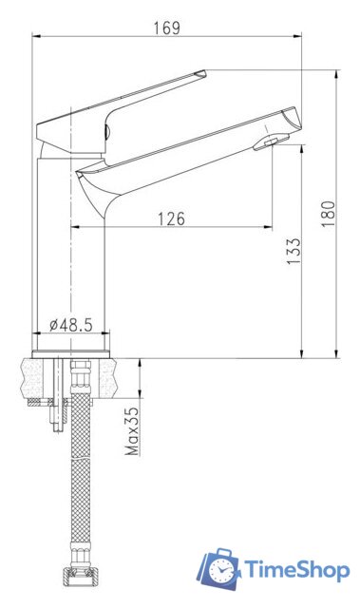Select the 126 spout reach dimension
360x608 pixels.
coord(171,218)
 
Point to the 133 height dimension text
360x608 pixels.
coord(294,249)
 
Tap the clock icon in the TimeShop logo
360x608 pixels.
coord(219,570)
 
